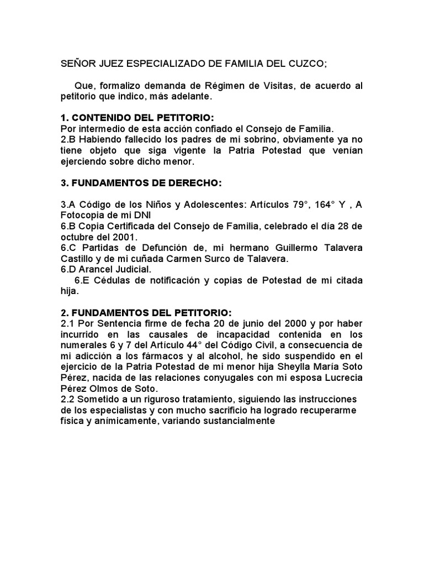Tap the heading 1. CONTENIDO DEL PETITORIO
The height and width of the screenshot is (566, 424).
pyautogui.click(x=136, y=118)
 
